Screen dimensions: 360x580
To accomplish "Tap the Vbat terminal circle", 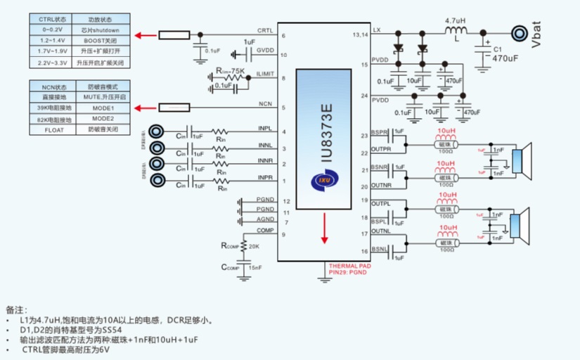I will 520,33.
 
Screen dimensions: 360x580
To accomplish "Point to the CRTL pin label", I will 265,30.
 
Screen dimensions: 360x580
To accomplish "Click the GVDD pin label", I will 265,51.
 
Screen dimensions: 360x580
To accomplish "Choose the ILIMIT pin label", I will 264,73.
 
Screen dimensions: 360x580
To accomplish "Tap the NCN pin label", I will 265,103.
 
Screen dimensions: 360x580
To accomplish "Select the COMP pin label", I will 265,230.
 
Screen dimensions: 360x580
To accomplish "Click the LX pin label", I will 377,30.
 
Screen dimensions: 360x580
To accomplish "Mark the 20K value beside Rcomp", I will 254,246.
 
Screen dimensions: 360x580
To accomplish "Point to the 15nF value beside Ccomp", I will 254,268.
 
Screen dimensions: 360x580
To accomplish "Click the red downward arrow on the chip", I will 324,229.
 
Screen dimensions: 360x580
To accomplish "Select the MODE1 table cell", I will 103,108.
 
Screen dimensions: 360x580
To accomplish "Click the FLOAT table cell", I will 54,130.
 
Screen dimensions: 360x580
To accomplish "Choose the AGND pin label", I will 265,219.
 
